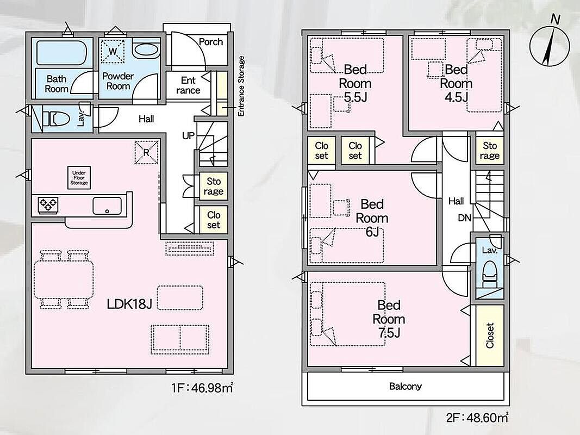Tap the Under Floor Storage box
pos(79,178)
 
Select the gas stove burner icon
pos(48,204)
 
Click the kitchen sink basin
pos(107,206)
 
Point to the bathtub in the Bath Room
pos(62,53)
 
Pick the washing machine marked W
pos(113,52)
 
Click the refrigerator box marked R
pos(146,152)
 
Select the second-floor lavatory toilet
pos(490,274)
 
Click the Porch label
pos(211,42)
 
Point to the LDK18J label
pos(129,304)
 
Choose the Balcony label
pos(406,387)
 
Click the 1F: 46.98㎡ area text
pos(202,388)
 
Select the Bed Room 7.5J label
pos(389,319)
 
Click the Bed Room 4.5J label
pos(456,83)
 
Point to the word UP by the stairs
pos(188,136)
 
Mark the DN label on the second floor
pos(465,218)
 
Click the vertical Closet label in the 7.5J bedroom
pos(490,335)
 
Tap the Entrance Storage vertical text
pos(241,86)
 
